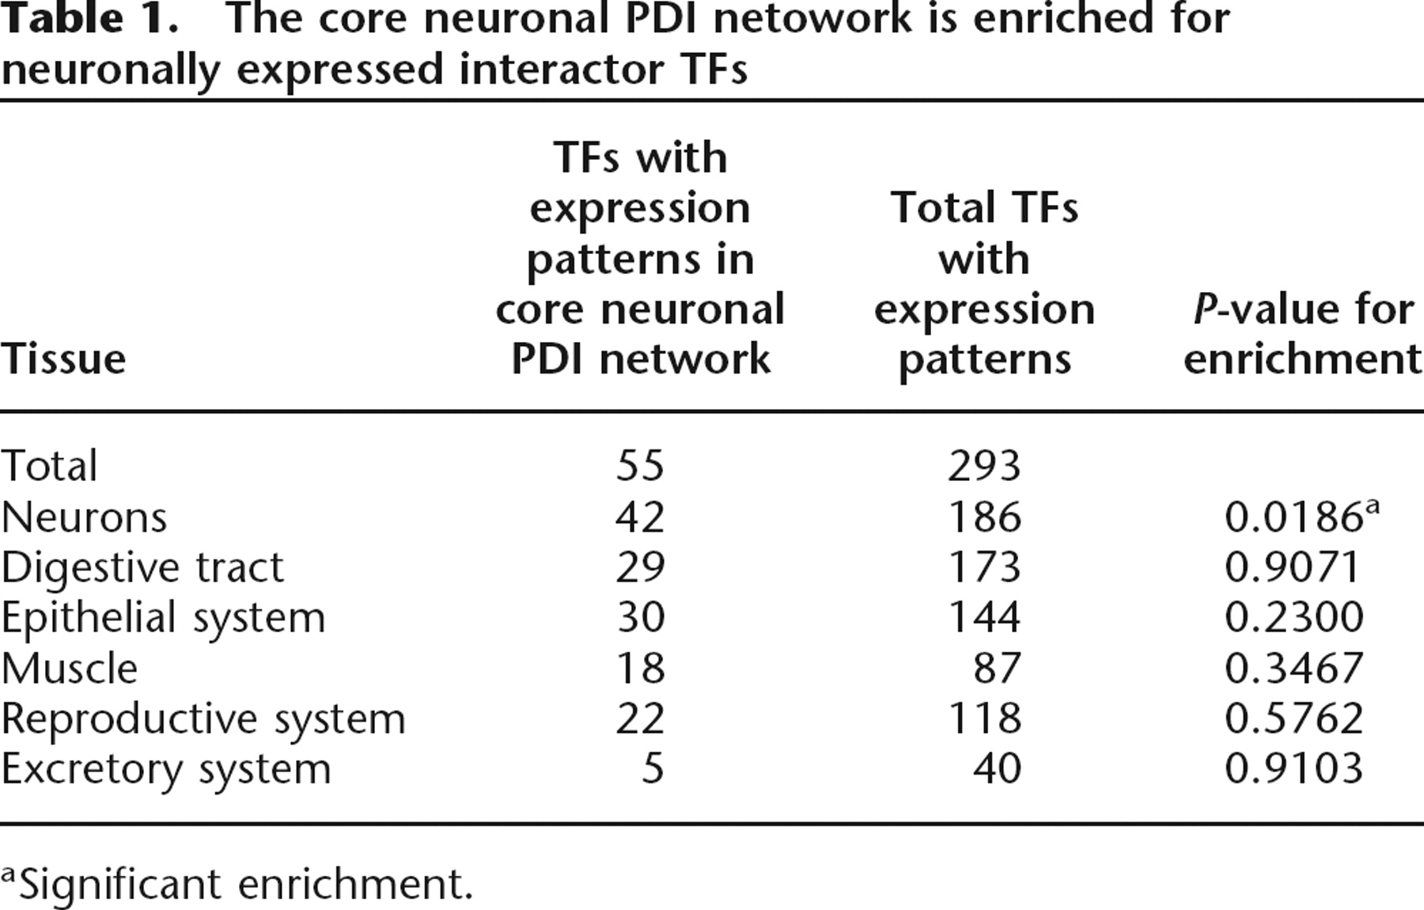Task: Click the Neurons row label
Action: [x=84, y=518]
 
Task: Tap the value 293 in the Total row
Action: [x=984, y=465]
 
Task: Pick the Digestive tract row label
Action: [x=142, y=569]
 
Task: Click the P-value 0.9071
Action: [x=1293, y=567]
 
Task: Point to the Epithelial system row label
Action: [x=163, y=618]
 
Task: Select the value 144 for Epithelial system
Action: [x=984, y=617]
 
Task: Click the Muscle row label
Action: [x=70, y=668]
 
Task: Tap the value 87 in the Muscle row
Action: [x=997, y=668]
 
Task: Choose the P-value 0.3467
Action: [x=1293, y=668]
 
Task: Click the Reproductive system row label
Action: [x=203, y=719]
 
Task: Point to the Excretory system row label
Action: [x=166, y=769]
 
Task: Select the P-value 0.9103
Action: [x=1293, y=768]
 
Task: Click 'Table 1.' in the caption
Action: [x=89, y=20]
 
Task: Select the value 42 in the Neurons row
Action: [x=640, y=518]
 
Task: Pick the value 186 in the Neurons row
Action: [x=984, y=518]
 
